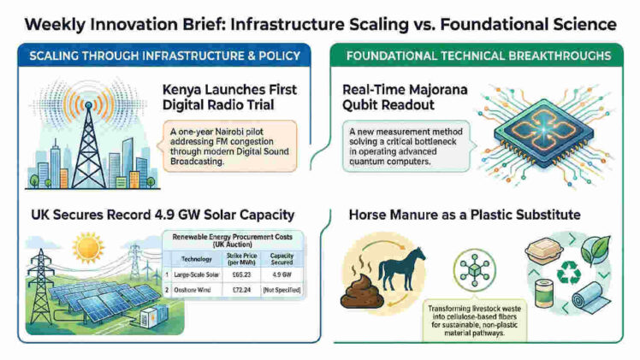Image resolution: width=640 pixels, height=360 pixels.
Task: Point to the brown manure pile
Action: click(359, 291)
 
